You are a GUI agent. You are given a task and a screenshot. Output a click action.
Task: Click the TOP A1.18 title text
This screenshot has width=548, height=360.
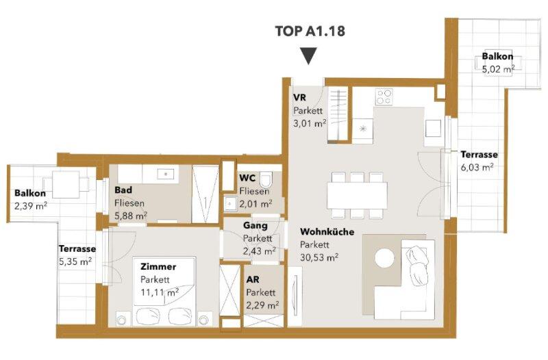(x=310, y=31)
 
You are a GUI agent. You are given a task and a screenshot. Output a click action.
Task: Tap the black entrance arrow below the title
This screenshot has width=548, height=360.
(x=309, y=56)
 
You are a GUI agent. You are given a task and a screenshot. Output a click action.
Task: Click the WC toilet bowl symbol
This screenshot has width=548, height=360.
(x=266, y=179)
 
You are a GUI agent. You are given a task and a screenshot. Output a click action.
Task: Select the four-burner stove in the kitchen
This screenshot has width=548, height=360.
(x=384, y=97)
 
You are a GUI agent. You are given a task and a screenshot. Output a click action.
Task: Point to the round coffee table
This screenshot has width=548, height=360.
(x=384, y=258)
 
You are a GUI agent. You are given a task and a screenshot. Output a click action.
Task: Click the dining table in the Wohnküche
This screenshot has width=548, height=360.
(x=357, y=196)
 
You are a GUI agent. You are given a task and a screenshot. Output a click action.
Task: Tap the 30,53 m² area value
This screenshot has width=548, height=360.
(x=319, y=258)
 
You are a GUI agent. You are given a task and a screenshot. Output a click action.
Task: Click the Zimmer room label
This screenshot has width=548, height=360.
(x=158, y=267)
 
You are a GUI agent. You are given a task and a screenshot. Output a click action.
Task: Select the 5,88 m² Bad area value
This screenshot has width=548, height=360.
(x=131, y=216)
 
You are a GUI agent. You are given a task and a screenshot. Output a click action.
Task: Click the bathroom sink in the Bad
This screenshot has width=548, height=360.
(x=166, y=174)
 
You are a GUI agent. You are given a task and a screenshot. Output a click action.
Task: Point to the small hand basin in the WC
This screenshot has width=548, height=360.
(x=229, y=203)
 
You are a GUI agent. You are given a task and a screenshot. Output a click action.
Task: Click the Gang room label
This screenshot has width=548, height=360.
(x=255, y=226)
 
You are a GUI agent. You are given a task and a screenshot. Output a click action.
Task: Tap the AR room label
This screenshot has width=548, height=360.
(x=253, y=280)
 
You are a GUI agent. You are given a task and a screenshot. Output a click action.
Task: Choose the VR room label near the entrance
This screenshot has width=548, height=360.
(x=299, y=97)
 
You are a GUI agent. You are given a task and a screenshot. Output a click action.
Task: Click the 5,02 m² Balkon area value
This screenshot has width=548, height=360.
(x=498, y=69)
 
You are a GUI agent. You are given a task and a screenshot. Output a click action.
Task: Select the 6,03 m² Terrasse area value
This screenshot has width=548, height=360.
(x=477, y=167)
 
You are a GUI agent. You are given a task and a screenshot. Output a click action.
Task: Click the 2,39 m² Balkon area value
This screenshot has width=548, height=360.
(x=31, y=206)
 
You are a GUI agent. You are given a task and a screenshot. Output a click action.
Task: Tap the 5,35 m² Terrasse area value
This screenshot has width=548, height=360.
(x=75, y=261)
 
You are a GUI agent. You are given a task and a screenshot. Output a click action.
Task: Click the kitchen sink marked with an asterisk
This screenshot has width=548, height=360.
(x=363, y=129)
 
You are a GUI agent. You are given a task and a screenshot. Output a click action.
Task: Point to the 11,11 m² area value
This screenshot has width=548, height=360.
(x=160, y=292)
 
